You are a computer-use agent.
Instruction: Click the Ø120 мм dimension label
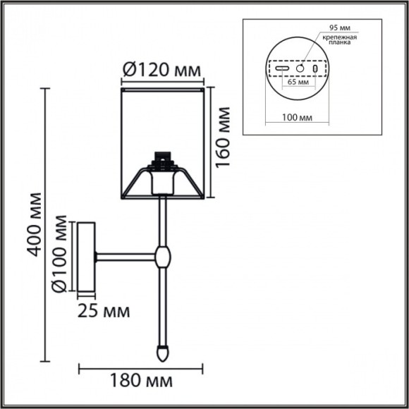click(x=161, y=71)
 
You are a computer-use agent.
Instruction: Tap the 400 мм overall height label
click(x=32, y=224)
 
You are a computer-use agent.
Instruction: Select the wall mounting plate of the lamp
click(x=85, y=257)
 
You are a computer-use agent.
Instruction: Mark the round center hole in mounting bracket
click(x=300, y=69)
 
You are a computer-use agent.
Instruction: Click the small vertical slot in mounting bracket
click(x=315, y=69)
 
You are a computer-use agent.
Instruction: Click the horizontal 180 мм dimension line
click(x=140, y=368)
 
